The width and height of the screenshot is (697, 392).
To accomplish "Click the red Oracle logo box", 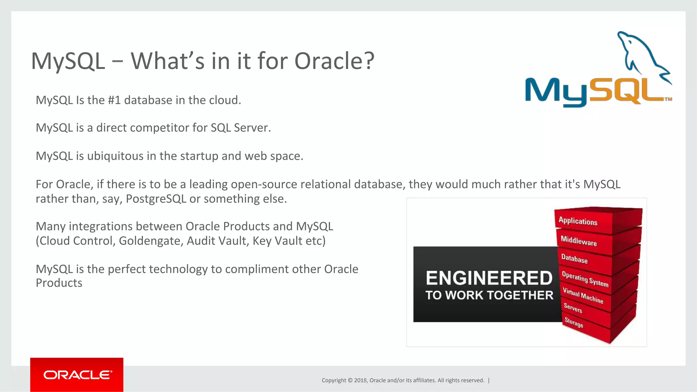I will point(77,374).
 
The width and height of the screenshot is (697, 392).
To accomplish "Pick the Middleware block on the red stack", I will point(579,241).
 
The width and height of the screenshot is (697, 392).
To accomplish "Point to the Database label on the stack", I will point(574,259).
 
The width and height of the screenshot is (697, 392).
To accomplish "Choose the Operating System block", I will point(585,279).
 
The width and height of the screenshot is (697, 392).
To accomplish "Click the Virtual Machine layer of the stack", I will point(583,295).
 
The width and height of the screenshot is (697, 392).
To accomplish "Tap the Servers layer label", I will point(573,308).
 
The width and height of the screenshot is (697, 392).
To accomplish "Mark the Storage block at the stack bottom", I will point(574,322).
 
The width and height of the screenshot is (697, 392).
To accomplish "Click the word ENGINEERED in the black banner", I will point(489,278).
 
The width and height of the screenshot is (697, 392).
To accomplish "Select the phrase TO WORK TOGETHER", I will point(489,295).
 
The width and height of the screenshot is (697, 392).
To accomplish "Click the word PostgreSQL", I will point(156,199).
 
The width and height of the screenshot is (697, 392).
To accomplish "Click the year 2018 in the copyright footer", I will point(360,380).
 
